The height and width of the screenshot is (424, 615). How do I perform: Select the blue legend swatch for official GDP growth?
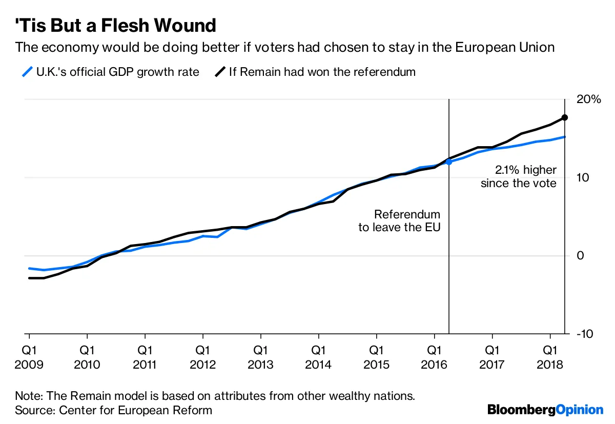pyautogui.click(x=27, y=72)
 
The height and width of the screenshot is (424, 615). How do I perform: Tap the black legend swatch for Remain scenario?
pyautogui.click(x=220, y=72)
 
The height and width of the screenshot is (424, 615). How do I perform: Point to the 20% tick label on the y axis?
pyautogui.click(x=588, y=99)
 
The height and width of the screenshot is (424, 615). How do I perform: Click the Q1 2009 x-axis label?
pyautogui.click(x=29, y=357)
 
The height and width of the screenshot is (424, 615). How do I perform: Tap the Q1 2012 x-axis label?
pyautogui.click(x=203, y=357)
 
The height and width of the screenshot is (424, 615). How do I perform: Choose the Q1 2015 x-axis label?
pyautogui.click(x=377, y=357)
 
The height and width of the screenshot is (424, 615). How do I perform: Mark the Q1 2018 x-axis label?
pyautogui.click(x=550, y=357)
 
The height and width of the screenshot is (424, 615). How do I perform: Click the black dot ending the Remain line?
pyautogui.click(x=565, y=117)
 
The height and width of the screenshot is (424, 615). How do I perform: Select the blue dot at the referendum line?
pyautogui.click(x=449, y=161)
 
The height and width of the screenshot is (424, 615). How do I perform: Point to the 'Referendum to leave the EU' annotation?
pyautogui.click(x=399, y=221)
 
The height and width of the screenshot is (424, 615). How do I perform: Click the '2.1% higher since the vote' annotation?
pyautogui.click(x=519, y=176)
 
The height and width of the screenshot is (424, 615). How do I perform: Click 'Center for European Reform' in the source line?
pyautogui.click(x=136, y=410)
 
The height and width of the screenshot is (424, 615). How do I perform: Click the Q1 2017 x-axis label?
pyautogui.click(x=493, y=357)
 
